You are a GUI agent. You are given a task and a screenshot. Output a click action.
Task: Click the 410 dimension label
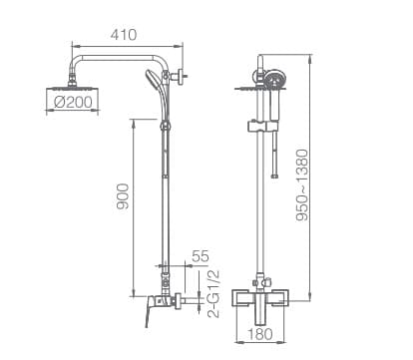click(x=124, y=35)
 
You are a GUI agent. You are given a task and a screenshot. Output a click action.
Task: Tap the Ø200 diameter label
click(x=73, y=102)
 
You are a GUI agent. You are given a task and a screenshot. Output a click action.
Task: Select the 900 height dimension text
click(x=123, y=196)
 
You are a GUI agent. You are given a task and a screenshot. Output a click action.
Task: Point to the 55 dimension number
click(x=201, y=256)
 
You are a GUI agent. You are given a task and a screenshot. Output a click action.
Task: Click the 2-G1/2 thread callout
click(x=213, y=294)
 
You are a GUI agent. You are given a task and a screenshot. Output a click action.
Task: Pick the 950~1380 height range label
click(x=302, y=185)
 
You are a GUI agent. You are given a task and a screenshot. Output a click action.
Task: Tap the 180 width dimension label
click(x=260, y=334)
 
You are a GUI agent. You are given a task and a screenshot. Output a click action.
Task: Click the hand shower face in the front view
click(x=275, y=80)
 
